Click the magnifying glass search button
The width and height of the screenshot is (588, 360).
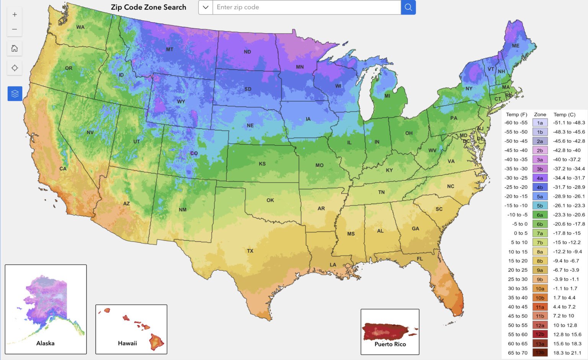(408, 7)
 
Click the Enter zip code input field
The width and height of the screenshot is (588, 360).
(306, 7)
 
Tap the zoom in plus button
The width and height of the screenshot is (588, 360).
(15, 15)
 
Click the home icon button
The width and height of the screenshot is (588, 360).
(15, 48)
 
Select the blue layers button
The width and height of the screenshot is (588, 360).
(15, 93)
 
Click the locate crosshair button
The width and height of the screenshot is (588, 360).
(15, 68)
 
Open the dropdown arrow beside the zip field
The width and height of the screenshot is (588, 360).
(206, 7)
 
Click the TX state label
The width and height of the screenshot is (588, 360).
(250, 251)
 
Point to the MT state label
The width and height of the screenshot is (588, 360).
(170, 49)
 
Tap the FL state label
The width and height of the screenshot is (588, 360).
(420, 259)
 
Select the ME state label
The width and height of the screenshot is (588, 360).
(516, 46)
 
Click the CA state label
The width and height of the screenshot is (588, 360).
(63, 169)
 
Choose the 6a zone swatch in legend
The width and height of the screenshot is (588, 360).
(540, 215)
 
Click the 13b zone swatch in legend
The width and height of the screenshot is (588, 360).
(540, 353)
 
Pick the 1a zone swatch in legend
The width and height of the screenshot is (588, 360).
(540, 123)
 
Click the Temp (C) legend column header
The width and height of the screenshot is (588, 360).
(564, 115)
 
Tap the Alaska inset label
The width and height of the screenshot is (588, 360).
(45, 343)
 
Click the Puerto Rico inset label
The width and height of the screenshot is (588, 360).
(390, 344)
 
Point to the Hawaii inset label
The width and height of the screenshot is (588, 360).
(127, 343)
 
